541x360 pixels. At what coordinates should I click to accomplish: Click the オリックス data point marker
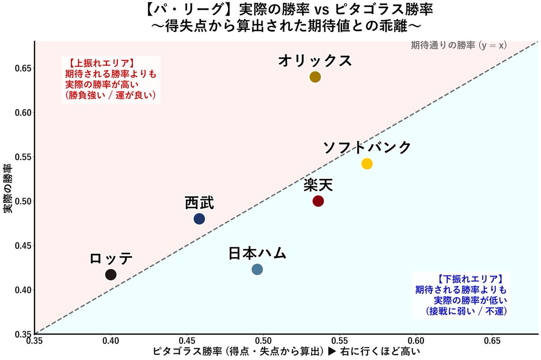coord(315,77)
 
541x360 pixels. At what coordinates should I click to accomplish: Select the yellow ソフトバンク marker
coord(367,164)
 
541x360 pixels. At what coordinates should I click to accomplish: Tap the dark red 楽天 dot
coord(318,201)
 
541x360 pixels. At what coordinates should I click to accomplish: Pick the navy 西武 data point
coord(199,219)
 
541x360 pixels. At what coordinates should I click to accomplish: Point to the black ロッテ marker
coord(111,274)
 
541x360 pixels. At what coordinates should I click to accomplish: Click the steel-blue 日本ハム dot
coord(257,270)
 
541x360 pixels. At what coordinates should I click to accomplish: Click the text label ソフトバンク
coord(367,147)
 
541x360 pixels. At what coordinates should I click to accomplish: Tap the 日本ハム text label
coord(257,253)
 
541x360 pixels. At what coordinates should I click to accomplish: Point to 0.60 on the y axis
coord(21,112)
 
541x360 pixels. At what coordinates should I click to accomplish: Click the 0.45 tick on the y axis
coord(21,246)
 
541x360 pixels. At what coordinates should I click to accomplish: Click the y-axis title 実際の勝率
coord(8,188)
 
